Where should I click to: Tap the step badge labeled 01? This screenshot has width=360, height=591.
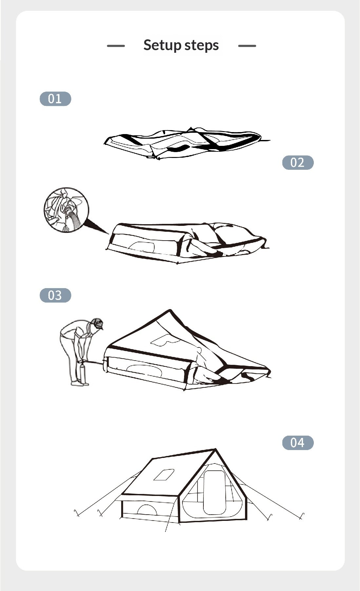click(55, 99)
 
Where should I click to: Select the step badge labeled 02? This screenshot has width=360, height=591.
click(298, 163)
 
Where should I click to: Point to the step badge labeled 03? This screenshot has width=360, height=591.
click(55, 295)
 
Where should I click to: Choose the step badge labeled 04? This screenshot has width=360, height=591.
click(298, 443)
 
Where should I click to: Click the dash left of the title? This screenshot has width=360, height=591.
click(116, 46)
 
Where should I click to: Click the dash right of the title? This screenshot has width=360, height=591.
click(247, 46)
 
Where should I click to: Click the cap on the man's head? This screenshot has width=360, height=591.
click(98, 323)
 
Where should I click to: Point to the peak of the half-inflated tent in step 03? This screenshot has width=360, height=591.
click(170, 310)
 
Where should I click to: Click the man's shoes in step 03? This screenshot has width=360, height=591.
click(80, 383)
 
